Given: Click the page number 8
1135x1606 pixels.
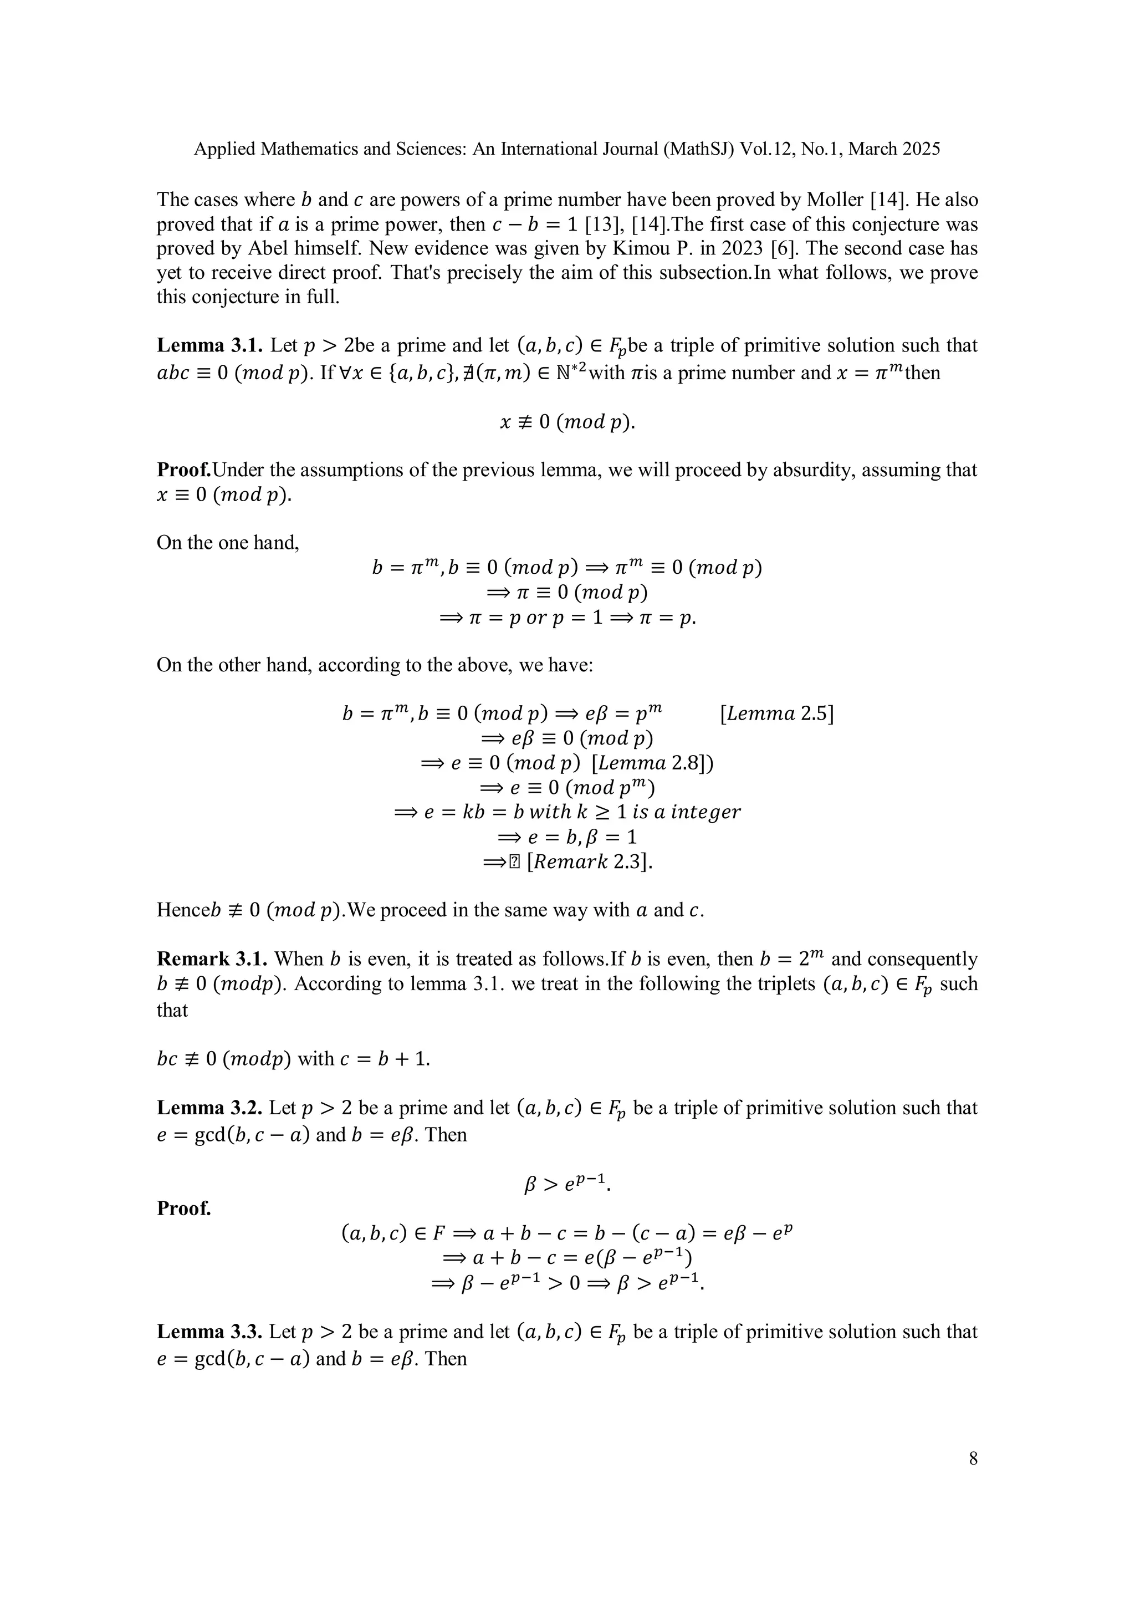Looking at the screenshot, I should tap(973, 1459).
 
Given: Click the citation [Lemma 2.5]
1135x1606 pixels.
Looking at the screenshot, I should tap(776, 714).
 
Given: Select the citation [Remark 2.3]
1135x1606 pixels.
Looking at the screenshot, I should tap(589, 861).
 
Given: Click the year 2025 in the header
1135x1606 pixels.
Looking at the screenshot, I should tap(918, 149).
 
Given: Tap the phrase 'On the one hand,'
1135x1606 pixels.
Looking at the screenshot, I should tap(228, 543).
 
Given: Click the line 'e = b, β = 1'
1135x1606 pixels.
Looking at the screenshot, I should tap(566, 837).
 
